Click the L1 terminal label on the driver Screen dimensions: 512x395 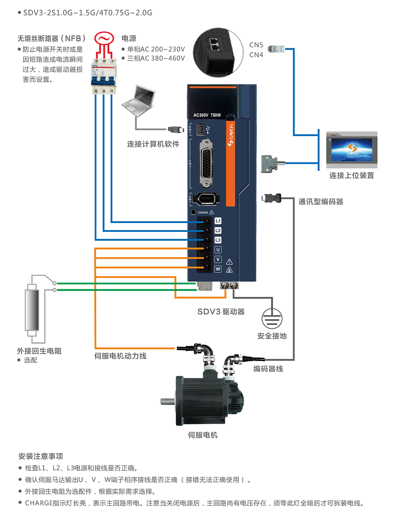tap(218, 221)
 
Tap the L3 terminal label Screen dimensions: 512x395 tap(218, 240)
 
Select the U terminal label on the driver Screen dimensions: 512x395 tap(218, 250)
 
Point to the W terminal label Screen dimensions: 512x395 tap(218, 269)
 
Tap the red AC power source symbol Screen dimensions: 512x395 tap(104, 39)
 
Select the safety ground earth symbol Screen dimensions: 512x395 tap(272, 317)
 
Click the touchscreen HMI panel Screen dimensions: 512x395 tap(352, 150)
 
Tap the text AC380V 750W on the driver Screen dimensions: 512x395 tap(207, 115)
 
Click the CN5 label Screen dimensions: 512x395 tap(256, 45)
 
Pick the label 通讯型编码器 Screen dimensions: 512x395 tap(321, 202)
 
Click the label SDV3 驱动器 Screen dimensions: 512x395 tap(221, 312)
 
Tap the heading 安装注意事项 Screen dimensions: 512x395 tap(41, 456)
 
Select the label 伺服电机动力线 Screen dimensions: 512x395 tap(120, 356)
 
